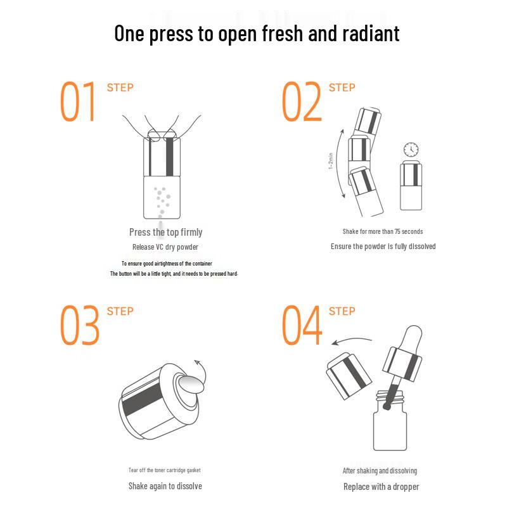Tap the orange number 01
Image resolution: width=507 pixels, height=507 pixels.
[77, 101]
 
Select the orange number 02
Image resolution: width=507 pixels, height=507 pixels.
[302, 101]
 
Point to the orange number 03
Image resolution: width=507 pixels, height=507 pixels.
[80, 325]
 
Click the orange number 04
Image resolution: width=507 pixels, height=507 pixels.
[302, 325]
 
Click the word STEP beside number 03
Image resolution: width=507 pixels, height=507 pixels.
[120, 311]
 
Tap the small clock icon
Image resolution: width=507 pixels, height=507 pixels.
[411, 150]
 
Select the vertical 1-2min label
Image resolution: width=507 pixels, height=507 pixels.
[330, 161]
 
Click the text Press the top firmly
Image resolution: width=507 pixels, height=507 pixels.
[166, 232]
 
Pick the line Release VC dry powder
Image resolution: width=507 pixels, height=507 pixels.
[165, 247]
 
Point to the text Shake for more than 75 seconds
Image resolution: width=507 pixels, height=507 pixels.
[383, 231]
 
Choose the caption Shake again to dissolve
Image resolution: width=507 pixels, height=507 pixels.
[165, 486]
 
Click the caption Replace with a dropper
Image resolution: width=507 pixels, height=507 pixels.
[382, 487]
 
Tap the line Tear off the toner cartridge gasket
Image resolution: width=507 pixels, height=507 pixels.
[165, 470]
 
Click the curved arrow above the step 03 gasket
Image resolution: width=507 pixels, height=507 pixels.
[201, 372]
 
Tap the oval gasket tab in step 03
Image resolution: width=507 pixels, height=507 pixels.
[191, 385]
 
